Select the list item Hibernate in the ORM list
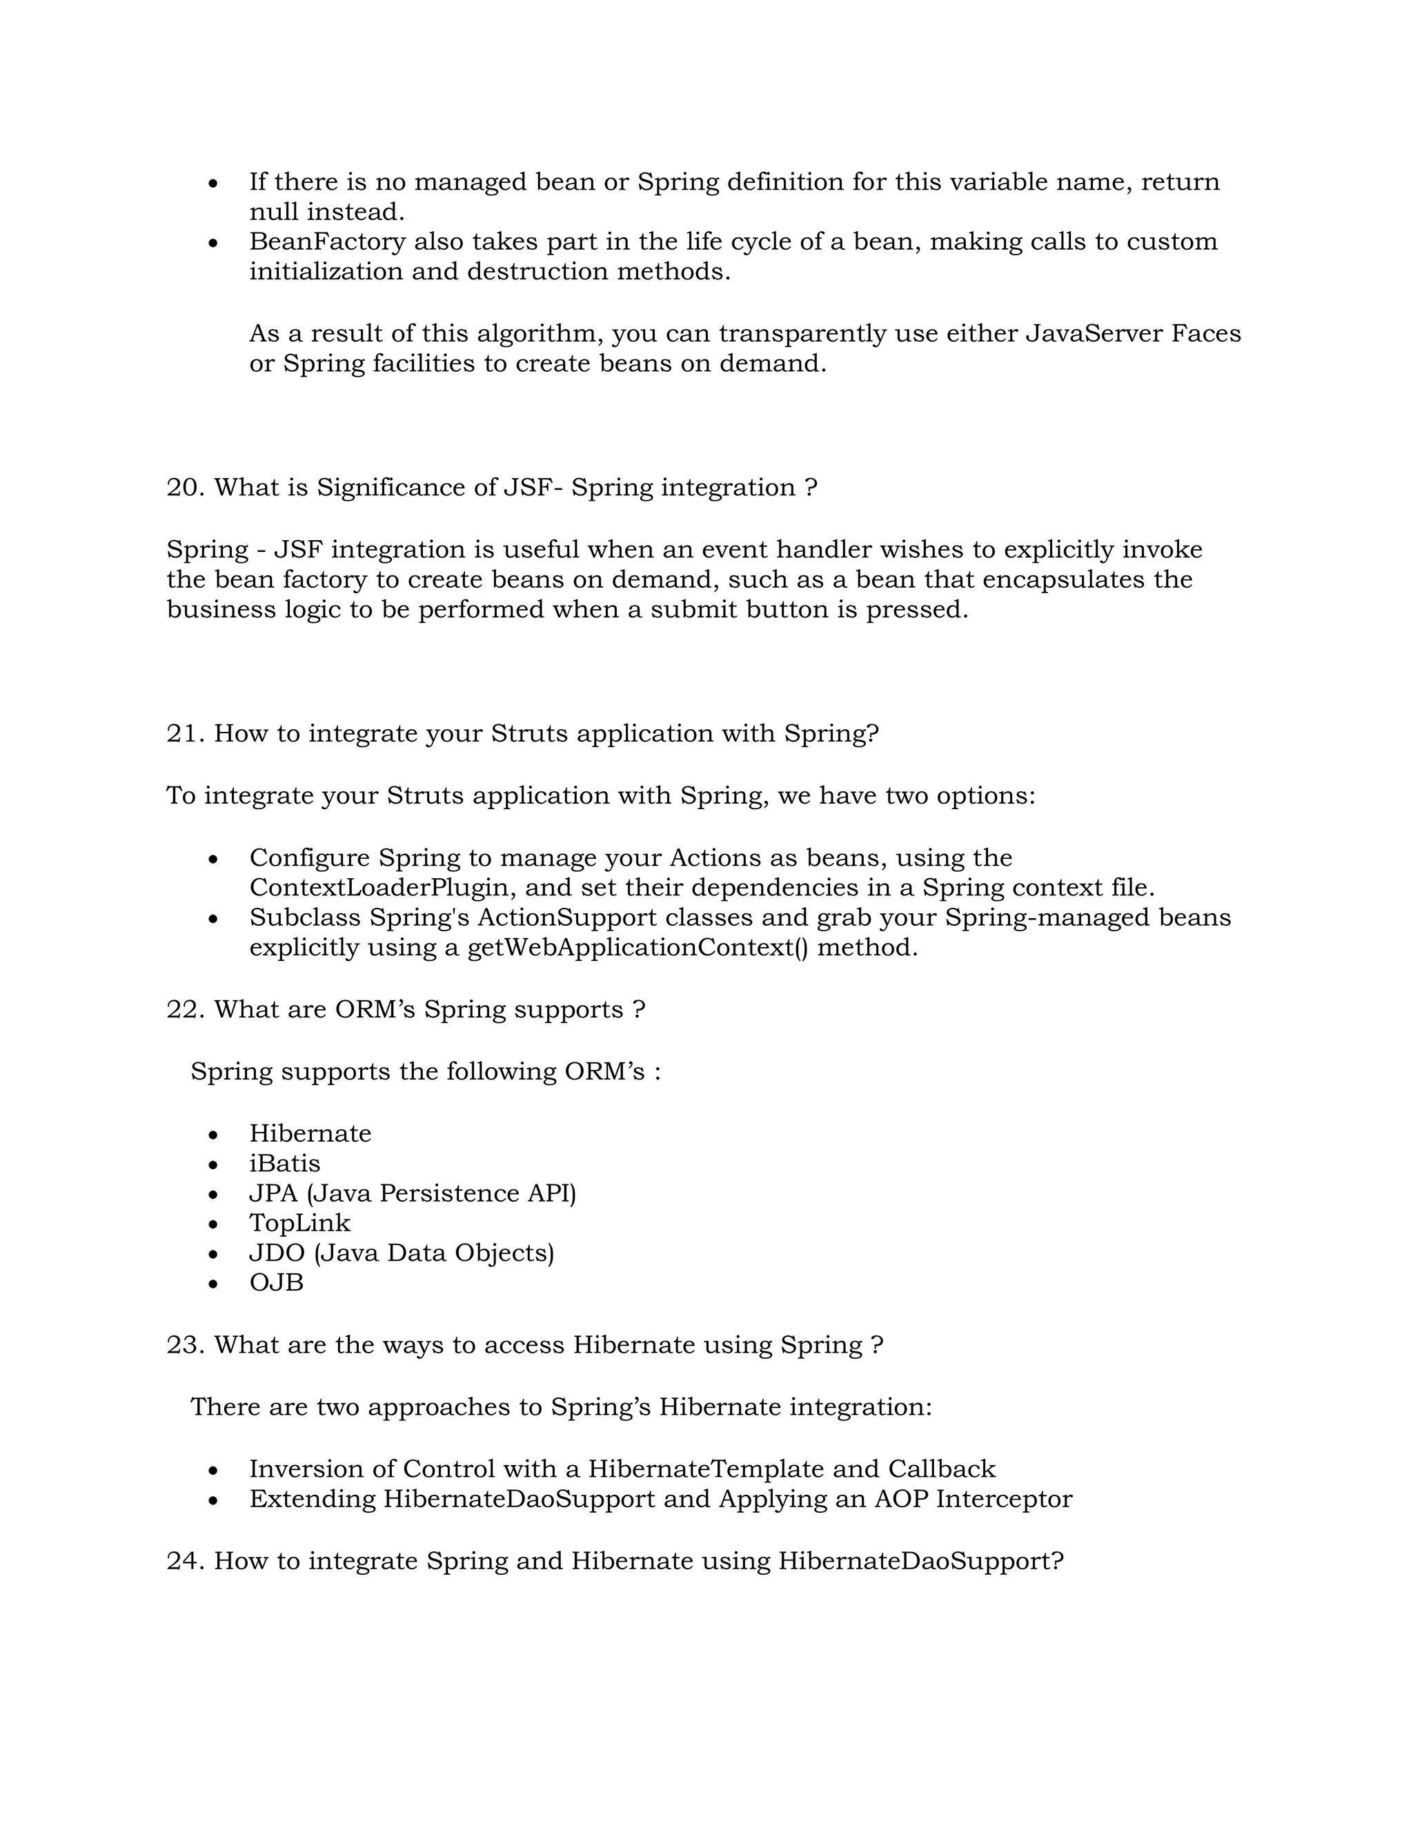click(310, 1134)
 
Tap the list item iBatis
click(285, 1164)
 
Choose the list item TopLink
click(299, 1224)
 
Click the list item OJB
click(276, 1283)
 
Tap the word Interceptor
click(1004, 1499)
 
